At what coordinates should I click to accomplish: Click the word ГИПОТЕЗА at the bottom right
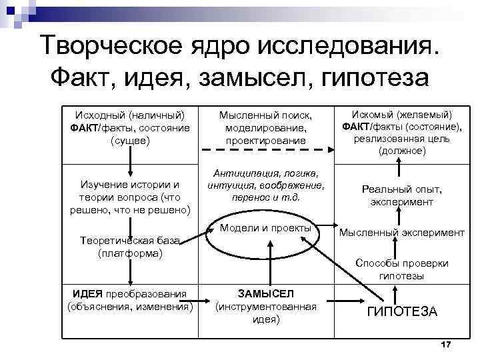(x=402, y=311)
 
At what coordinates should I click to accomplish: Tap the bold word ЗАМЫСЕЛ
(x=265, y=294)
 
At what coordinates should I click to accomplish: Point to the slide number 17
(x=446, y=343)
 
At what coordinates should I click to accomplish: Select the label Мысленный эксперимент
(x=402, y=233)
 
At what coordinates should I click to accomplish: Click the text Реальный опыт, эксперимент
(x=402, y=195)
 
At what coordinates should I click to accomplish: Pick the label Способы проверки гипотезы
(x=402, y=269)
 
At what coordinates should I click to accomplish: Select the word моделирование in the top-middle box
(x=265, y=128)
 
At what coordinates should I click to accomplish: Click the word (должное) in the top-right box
(x=402, y=151)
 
